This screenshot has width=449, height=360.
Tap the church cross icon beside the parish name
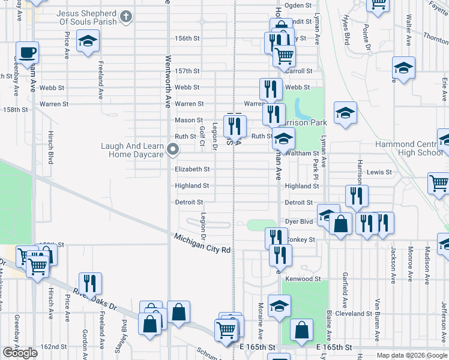127,16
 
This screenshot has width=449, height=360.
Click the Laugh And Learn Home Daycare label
136,150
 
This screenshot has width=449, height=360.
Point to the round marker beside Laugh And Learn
173,149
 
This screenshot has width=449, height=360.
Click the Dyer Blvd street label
300,221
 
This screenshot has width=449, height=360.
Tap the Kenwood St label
303,279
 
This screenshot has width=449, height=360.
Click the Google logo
20,353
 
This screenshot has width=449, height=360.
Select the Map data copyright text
412,355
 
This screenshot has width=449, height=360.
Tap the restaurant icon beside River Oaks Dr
90,283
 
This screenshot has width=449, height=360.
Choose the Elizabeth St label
192,169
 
